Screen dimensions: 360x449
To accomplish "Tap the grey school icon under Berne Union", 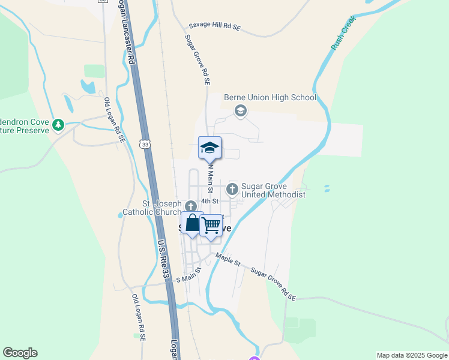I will (x=241, y=110).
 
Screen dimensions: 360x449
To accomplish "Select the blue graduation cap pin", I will (x=209, y=148).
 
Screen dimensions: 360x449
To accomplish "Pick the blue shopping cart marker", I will (x=211, y=226).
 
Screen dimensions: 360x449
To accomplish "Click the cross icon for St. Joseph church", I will (x=191, y=206).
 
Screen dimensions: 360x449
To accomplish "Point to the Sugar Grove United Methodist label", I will (x=273, y=190).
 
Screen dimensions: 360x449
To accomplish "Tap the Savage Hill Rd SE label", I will (x=214, y=26).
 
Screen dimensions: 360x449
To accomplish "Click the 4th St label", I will (x=209, y=201).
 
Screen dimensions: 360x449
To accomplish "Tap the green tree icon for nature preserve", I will (x=58, y=125).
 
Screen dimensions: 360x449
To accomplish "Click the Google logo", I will (x=20, y=353).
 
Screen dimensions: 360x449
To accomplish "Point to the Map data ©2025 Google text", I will (x=411, y=355).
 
